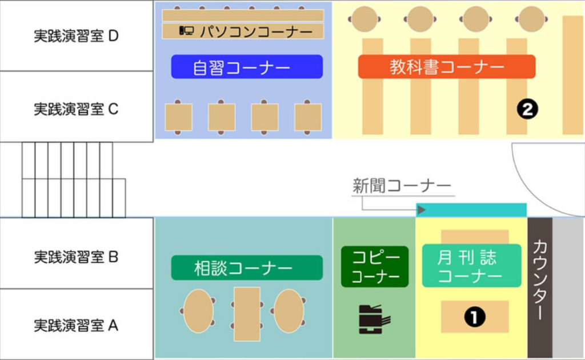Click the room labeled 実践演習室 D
[76, 36]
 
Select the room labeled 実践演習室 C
[76, 108]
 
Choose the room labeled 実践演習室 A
[76, 326]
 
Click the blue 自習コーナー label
[247, 67]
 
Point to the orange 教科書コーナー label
[447, 67]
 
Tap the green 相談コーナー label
[247, 267]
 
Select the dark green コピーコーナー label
[375, 267]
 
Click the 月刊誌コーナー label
[471, 266]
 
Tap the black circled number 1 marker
[474, 316]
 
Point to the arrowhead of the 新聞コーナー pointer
[422, 210]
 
